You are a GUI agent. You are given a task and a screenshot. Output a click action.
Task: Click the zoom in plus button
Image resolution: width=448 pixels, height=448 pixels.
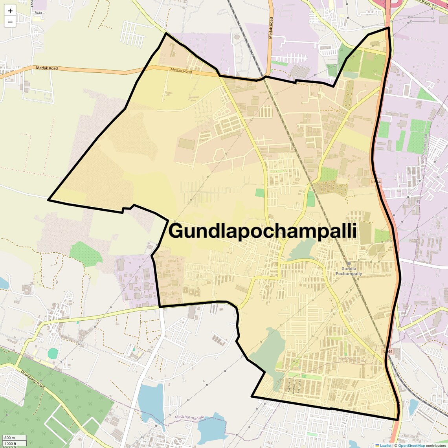click(x=10, y=11)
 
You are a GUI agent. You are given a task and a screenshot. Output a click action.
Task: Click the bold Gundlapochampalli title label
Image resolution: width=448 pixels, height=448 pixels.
click(x=263, y=231)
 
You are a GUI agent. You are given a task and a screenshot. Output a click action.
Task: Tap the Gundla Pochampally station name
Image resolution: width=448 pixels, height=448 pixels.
click(x=349, y=271)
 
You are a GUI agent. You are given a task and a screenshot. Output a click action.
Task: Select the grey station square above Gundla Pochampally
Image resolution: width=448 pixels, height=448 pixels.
click(x=349, y=263)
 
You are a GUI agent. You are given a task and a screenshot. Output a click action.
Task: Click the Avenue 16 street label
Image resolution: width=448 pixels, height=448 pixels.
click(x=299, y=386)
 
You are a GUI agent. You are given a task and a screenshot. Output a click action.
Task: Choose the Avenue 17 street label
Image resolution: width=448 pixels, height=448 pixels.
click(x=295, y=386)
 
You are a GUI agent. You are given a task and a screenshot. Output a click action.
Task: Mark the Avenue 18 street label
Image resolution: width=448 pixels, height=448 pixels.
click(x=290, y=385)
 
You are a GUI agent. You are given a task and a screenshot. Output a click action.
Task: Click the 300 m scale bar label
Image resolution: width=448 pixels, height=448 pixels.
click(x=10, y=438)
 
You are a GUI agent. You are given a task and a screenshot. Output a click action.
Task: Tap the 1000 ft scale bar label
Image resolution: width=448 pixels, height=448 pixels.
click(x=11, y=444)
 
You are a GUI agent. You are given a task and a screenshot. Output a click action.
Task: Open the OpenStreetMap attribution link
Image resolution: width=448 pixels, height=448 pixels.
click(x=411, y=446)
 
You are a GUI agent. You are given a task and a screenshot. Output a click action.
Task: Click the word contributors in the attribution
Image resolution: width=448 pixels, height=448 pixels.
click(x=436, y=446)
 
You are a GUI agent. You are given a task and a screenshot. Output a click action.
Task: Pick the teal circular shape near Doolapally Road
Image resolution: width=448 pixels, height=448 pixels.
click(x=53, y=354)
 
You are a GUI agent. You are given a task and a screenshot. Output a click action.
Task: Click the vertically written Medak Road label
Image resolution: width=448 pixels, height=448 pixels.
click(x=271, y=28)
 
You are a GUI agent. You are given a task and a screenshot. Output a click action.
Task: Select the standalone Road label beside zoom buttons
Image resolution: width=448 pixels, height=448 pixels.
click(x=38, y=13)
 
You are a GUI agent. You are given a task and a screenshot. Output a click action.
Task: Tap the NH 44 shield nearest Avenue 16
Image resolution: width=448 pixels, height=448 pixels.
click(x=387, y=352)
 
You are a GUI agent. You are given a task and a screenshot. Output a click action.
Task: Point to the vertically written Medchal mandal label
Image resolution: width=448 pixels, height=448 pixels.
click(x=424, y=149)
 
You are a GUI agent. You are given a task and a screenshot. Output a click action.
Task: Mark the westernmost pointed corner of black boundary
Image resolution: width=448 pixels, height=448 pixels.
click(x=48, y=200)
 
